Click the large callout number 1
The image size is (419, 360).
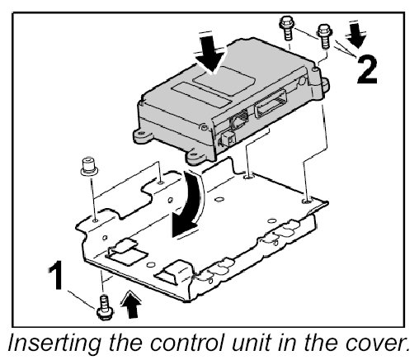pos(56,275)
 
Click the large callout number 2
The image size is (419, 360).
pos(367,69)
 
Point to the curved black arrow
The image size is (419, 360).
pos(188,205)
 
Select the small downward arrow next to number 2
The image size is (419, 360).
pos(356,36)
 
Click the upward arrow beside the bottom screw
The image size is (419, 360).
pos(131,305)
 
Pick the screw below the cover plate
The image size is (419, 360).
pos(105,308)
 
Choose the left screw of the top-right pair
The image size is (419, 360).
pos(287,28)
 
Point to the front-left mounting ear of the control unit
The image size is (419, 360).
pos(143,135)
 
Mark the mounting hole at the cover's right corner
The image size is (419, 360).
pos(307,201)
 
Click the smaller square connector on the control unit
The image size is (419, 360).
pos(228,138)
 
